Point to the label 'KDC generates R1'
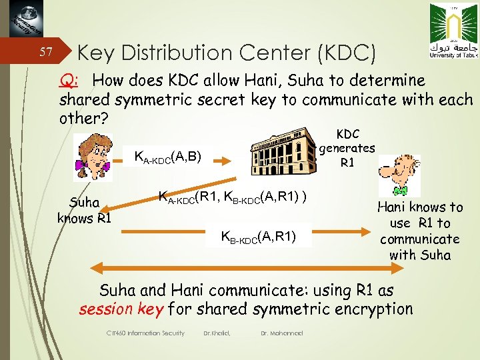tap(347, 148)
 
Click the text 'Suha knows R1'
tap(84, 210)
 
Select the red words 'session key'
tap(121, 309)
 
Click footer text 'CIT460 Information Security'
tap(145, 333)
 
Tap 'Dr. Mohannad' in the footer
tap(282, 333)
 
